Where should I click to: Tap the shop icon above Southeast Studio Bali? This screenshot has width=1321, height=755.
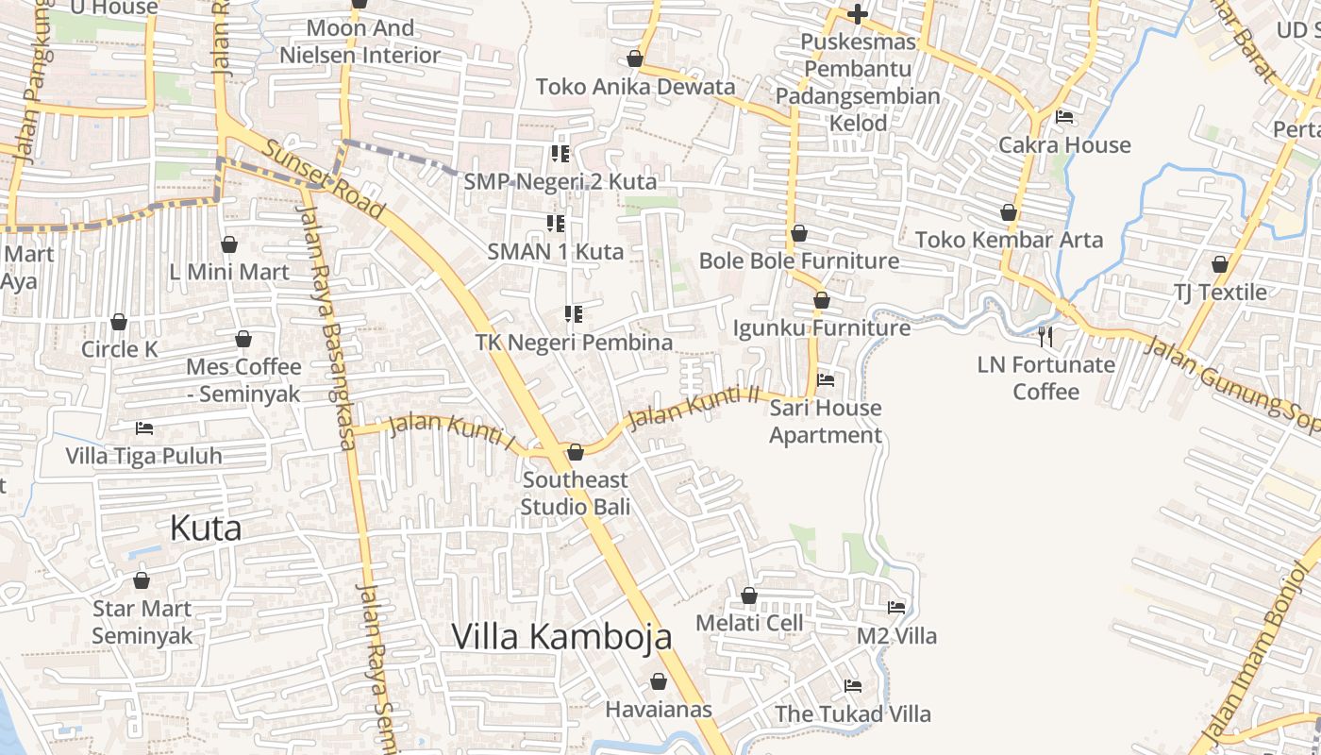pos(576,452)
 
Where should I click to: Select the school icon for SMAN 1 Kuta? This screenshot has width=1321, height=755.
pos(556,224)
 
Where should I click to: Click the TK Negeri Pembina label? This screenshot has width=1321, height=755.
pos(574,342)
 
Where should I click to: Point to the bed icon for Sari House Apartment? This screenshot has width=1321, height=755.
pos(826,380)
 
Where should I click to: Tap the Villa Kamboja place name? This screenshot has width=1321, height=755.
pos(561,636)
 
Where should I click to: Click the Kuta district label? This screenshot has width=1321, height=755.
pos(206,528)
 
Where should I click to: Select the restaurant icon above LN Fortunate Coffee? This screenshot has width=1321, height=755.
pos(1045,336)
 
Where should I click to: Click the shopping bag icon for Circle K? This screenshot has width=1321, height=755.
pos(119,322)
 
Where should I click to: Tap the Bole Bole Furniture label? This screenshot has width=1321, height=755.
pos(799,260)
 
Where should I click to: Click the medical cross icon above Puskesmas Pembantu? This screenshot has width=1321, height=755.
pos(858,14)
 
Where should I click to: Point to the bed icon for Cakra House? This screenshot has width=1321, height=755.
pos(1064,117)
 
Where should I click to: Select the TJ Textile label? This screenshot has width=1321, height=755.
pos(1220,292)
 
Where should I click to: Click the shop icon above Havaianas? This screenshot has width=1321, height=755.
pos(659,681)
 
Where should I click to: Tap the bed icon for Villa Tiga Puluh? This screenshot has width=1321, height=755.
pos(144,428)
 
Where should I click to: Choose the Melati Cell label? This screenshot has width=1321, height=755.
pos(749,623)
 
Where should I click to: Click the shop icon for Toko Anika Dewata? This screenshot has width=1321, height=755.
pos(636,59)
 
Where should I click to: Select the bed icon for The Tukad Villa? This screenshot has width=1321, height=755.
pos(853,686)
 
